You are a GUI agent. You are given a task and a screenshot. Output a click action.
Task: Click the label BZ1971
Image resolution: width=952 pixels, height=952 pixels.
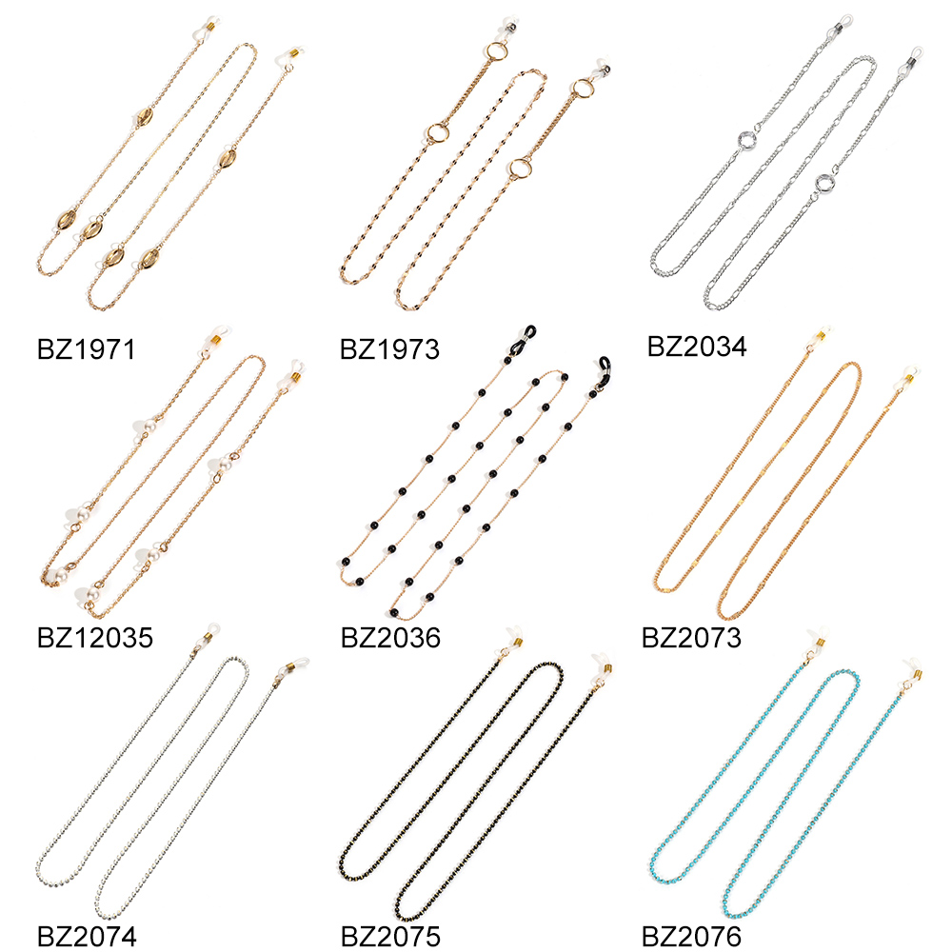pyautogui.click(x=86, y=349)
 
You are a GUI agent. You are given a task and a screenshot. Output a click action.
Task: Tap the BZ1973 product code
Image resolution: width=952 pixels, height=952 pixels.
pyautogui.click(x=389, y=349)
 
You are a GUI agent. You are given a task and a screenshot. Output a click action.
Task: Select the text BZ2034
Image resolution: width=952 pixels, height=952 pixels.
pyautogui.click(x=697, y=345)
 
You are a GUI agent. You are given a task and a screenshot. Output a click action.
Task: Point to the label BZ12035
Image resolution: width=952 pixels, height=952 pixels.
pyautogui.click(x=94, y=637)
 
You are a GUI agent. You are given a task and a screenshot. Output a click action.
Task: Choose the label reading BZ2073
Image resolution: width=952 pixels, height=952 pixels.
pyautogui.click(x=691, y=637)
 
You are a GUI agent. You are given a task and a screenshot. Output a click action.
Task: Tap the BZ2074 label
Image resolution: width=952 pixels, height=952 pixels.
pyautogui.click(x=87, y=936)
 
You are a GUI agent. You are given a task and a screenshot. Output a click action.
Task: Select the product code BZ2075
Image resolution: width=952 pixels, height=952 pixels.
pyautogui.click(x=389, y=936)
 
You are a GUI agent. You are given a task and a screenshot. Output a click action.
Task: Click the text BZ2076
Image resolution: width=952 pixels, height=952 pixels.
pyautogui.click(x=691, y=936)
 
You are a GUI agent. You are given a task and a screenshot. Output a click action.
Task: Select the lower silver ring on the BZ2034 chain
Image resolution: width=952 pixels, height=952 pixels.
pyautogui.click(x=825, y=183)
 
